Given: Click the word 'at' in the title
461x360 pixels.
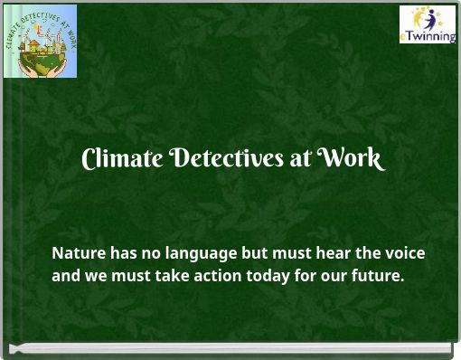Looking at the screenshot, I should point(300,159).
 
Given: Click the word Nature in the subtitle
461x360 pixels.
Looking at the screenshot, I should point(78,253).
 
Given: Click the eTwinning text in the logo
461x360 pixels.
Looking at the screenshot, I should point(428,37).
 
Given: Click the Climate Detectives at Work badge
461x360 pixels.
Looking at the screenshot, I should point(41,41).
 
